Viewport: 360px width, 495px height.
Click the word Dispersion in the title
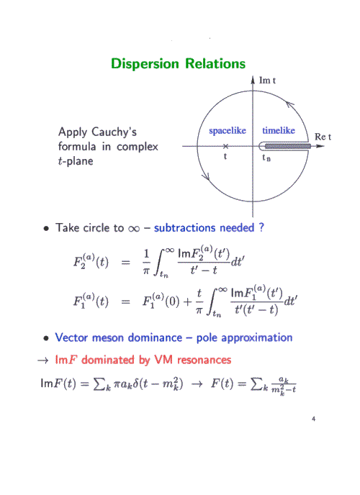click(x=145, y=64)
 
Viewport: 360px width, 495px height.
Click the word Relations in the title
click(x=215, y=63)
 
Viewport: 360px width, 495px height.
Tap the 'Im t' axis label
click(x=267, y=81)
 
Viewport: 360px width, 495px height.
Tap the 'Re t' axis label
click(x=323, y=137)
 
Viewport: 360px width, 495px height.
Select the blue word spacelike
click(x=228, y=130)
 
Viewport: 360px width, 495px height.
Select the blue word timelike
click(x=279, y=130)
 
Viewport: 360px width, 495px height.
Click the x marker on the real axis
click(x=225, y=146)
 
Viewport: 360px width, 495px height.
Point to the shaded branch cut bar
click(x=288, y=146)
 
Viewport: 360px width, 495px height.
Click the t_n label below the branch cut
click(x=266, y=158)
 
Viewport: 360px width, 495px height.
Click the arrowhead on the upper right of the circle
click(x=290, y=104)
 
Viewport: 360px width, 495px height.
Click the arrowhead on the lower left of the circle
click(x=206, y=176)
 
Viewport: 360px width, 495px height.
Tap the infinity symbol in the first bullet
click(x=134, y=228)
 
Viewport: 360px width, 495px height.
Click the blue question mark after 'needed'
click(x=261, y=227)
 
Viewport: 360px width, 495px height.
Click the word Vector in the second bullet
click(x=71, y=337)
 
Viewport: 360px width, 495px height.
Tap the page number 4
click(x=313, y=419)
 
